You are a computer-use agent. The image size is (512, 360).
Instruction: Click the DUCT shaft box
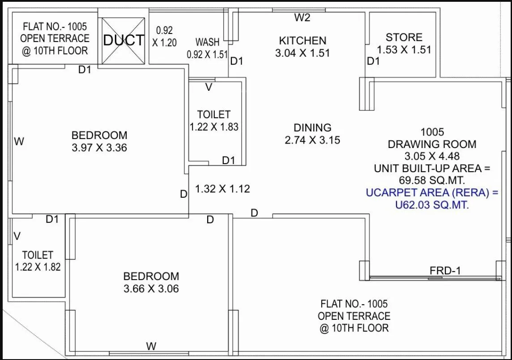[x=124, y=40]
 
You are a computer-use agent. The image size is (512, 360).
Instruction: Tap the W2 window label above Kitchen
[x=302, y=18]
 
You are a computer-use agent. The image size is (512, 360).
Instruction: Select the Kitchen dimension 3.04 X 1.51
[x=302, y=53]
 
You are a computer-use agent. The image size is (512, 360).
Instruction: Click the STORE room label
[x=404, y=37]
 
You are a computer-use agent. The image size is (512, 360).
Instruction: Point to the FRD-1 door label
[x=445, y=270]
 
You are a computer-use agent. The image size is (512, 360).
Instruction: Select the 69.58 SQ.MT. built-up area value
[x=431, y=181]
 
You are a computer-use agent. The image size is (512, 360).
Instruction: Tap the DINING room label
[x=312, y=128]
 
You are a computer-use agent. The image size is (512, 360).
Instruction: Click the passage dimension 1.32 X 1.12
[x=222, y=189]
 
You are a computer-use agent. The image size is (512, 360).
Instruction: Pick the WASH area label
[x=208, y=42]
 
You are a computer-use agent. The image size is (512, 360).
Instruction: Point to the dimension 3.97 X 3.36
[x=99, y=148]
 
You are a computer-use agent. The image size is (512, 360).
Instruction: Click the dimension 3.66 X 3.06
[x=151, y=289]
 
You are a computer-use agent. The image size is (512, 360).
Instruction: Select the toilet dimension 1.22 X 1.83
[x=214, y=127]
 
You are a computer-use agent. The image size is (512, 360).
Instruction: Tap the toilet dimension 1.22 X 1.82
[x=38, y=267]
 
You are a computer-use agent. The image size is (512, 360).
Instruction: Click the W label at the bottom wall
[x=151, y=346]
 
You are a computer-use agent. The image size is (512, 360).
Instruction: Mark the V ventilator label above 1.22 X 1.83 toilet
[x=209, y=88]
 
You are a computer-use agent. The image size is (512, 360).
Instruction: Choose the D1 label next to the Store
[x=373, y=62]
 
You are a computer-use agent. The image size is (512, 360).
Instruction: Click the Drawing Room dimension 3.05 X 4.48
[x=432, y=156]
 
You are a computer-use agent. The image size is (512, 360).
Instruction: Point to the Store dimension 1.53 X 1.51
[x=404, y=50]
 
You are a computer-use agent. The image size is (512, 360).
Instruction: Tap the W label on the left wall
[x=19, y=142]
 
